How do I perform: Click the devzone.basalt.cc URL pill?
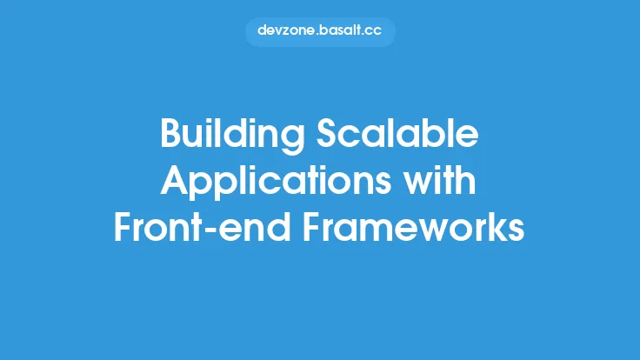point(320,30)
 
